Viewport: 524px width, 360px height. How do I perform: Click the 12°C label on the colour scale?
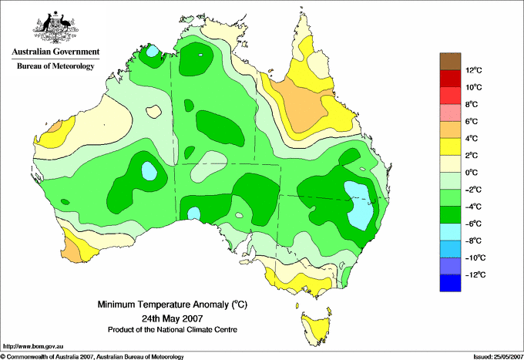pyautogui.click(x=474, y=70)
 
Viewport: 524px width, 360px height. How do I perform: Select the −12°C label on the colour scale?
pyautogui.click(x=475, y=274)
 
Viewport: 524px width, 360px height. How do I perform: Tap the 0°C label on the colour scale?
pyautogui.click(x=472, y=173)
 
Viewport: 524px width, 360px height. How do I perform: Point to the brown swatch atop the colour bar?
pyautogui.click(x=450, y=61)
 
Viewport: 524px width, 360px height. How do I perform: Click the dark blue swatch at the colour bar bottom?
pyautogui.click(x=450, y=283)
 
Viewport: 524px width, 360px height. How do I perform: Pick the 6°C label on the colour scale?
pyautogui.click(x=472, y=121)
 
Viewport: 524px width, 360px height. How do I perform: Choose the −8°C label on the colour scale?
pyautogui.click(x=474, y=241)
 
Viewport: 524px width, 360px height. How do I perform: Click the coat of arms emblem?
pyautogui.click(x=55, y=27)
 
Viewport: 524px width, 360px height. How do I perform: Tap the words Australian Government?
pyautogui.click(x=55, y=52)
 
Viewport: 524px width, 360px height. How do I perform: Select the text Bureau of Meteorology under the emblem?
pyautogui.click(x=55, y=66)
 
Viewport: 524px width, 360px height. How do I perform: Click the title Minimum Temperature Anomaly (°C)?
pyautogui.click(x=173, y=304)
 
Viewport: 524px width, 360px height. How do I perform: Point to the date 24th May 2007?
pyautogui.click(x=173, y=318)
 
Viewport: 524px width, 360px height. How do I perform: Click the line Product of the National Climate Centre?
pyautogui.click(x=173, y=330)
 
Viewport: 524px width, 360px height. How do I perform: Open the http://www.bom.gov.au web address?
pyautogui.click(x=33, y=347)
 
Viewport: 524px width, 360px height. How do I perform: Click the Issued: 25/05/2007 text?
pyautogui.click(x=498, y=357)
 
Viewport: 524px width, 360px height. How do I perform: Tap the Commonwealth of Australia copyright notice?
pyautogui.click(x=92, y=357)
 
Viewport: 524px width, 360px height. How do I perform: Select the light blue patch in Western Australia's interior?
pyautogui.click(x=149, y=171)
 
